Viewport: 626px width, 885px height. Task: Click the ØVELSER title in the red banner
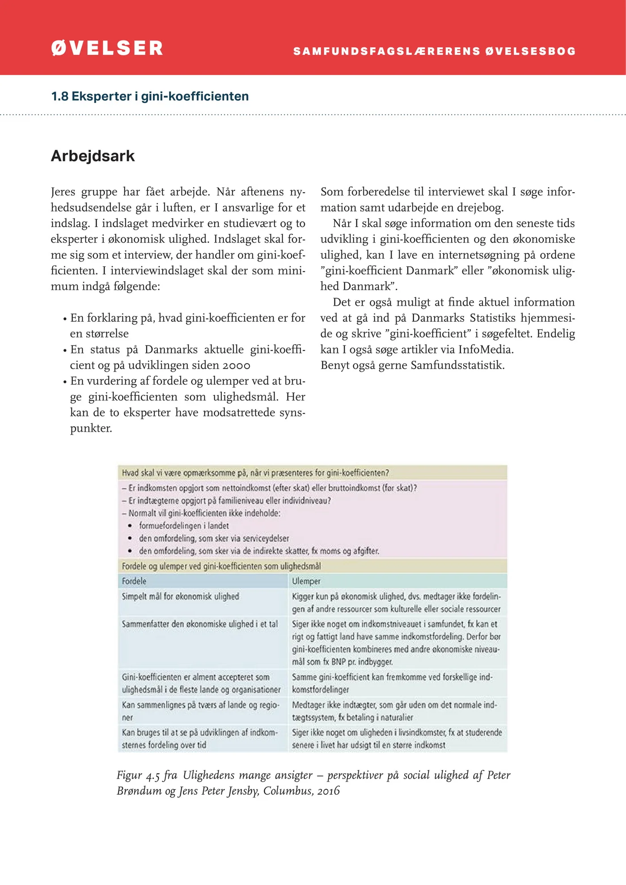point(107,48)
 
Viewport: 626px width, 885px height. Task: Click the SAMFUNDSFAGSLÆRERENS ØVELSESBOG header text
point(435,51)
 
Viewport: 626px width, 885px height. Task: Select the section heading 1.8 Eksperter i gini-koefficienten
point(150,97)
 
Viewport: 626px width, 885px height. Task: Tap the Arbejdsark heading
point(93,156)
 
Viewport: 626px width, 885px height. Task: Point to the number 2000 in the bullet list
point(237,366)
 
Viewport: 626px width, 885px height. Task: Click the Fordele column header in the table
point(134,581)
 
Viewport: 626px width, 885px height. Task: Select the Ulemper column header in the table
point(306,581)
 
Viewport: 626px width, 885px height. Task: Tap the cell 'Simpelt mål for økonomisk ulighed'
point(180,596)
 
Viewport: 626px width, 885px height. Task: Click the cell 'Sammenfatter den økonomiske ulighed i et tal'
point(199,624)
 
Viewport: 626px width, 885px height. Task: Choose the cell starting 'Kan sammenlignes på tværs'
point(200,711)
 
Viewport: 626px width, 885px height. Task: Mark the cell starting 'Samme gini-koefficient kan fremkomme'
point(392,683)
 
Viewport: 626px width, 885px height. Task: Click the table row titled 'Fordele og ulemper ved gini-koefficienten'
point(221,566)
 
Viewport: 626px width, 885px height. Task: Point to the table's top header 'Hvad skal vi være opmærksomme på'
point(255,473)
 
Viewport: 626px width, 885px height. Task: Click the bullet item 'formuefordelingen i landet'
point(184,526)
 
